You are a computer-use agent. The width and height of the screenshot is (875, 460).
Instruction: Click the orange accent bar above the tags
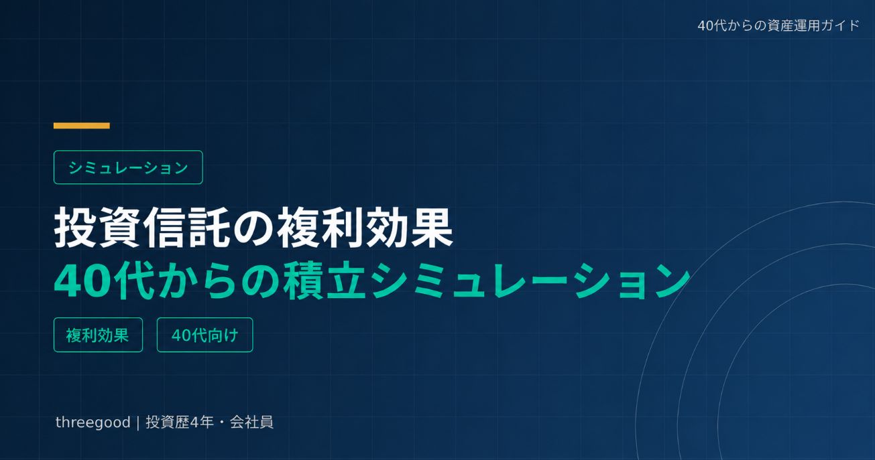(x=82, y=126)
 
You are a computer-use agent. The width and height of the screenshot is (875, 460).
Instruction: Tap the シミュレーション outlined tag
(x=128, y=167)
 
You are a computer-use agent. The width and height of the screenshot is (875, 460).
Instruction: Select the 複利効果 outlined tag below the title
(x=98, y=335)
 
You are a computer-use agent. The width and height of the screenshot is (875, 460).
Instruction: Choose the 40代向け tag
(x=205, y=335)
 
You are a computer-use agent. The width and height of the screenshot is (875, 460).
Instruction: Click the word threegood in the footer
(x=93, y=422)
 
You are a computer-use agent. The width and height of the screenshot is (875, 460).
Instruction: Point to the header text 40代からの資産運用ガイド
(x=778, y=25)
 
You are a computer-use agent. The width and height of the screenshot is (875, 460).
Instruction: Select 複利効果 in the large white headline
(x=365, y=228)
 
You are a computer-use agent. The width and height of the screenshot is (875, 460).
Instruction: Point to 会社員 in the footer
(x=251, y=422)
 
